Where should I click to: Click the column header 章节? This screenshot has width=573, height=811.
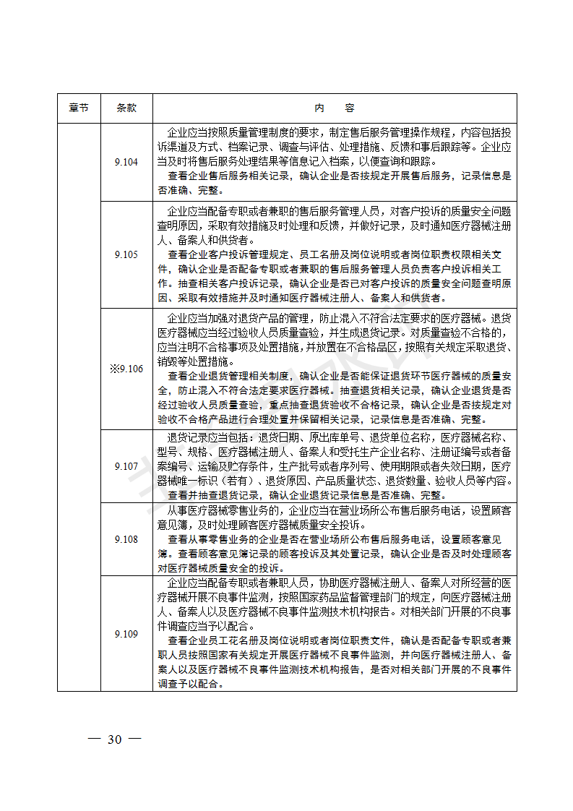point(79,108)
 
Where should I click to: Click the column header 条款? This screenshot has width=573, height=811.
point(126,108)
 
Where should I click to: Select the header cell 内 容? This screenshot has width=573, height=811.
point(335,108)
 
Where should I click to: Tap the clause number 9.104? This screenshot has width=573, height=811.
point(126,162)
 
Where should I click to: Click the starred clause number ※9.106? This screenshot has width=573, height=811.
point(126,369)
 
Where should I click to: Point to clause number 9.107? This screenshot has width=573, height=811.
point(126,466)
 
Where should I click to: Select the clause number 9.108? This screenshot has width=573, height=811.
point(126,539)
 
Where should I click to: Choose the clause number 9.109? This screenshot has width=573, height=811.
point(126,634)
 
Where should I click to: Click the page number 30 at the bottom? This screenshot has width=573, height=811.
point(114,739)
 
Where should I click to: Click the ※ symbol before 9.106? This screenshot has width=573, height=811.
point(113,369)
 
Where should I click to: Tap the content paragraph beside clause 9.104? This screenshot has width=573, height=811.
point(335,162)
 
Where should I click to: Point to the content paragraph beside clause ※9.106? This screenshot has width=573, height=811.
point(335,369)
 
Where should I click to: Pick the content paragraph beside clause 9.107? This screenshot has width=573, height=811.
point(335,466)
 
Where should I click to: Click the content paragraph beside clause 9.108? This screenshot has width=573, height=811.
point(335,539)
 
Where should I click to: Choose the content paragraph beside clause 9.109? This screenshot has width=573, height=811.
point(335,634)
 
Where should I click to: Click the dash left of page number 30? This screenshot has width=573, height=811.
point(93,739)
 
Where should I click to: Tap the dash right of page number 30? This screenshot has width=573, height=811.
point(134,739)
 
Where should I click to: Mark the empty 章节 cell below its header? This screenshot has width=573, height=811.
point(79,405)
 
